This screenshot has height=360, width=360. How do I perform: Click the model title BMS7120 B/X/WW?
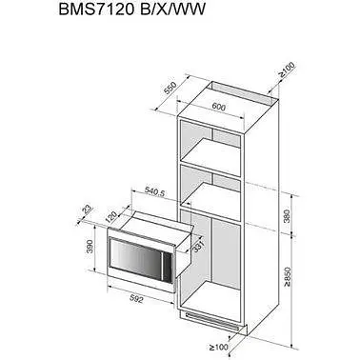coord(131,10)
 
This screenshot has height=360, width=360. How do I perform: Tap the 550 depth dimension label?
coord(170,89)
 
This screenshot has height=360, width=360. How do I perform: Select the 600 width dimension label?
coord(219,107)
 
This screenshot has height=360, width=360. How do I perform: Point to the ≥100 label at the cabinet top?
coord(287,70)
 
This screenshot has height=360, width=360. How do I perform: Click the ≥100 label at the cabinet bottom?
coord(219,347)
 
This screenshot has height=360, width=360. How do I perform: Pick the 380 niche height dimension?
coord(287,216)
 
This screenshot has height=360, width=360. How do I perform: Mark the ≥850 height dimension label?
coord(288,277)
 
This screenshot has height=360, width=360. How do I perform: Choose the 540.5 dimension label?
coord(154,191)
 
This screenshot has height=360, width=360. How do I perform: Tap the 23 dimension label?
coord(87,210)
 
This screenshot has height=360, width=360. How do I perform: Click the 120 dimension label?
coord(111,216)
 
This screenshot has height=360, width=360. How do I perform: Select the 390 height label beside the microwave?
coord(90,247)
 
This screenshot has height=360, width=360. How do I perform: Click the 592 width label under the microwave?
coord(137,299)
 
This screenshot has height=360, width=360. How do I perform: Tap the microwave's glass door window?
coord(136,258)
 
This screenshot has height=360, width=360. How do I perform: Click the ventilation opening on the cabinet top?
coord(242,92)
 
